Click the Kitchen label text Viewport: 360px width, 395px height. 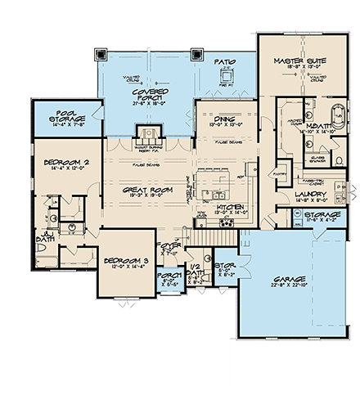[230, 209]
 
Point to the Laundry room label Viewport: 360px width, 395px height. [310, 194]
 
